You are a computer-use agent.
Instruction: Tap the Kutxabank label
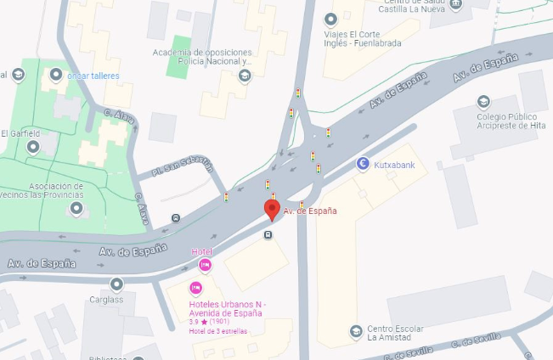pyautogui.click(x=397, y=164)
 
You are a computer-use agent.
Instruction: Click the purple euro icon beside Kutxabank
pyautogui.click(x=364, y=164)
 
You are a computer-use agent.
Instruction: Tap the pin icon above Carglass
pyautogui.click(x=116, y=284)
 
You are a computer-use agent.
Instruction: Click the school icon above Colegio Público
pyautogui.click(x=483, y=102)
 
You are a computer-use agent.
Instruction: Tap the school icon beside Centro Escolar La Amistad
pyautogui.click(x=356, y=331)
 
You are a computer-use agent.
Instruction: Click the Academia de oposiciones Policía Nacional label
pyautogui.click(x=202, y=57)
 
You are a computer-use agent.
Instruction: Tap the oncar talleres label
pyautogui.click(x=93, y=76)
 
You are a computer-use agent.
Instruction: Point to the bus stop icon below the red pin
pyautogui.click(x=268, y=235)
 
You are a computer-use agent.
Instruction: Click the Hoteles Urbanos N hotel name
pyautogui.click(x=229, y=309)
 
